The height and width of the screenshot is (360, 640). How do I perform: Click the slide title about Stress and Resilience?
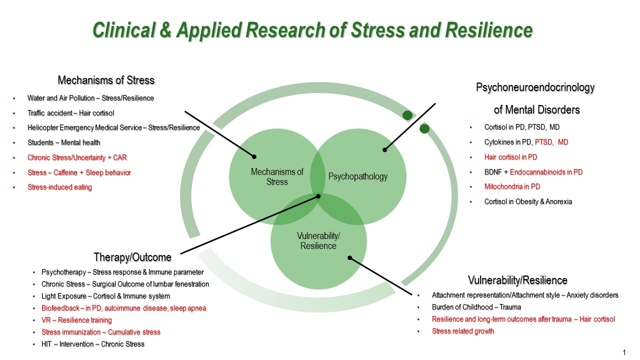[312, 30]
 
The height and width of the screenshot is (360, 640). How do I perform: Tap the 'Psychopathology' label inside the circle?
[357, 176]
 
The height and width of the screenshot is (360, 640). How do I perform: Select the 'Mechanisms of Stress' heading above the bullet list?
[106, 80]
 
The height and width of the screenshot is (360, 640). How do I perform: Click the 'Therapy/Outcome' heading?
[132, 257]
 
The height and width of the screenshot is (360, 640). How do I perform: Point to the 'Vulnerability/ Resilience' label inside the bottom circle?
[318, 241]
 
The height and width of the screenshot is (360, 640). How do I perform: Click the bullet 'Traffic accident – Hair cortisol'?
[70, 113]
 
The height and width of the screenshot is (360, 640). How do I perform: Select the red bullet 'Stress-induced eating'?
[59, 187]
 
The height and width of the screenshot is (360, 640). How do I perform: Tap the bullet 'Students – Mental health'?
[63, 142]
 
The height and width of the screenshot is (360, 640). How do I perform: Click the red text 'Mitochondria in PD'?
[512, 186]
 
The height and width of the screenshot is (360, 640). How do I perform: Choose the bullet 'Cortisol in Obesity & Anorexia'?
[528, 201]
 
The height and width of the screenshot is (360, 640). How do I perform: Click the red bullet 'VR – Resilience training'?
[76, 320]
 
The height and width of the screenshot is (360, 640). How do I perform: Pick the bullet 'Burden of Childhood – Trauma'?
[476, 307]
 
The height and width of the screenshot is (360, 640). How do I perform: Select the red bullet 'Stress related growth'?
[463, 331]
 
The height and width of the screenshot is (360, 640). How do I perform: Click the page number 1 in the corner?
[624, 352]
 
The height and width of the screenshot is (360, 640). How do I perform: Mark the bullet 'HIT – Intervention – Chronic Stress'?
[93, 344]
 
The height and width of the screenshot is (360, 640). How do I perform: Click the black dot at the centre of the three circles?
[318, 196]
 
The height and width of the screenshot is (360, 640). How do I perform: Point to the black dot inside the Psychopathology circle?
[384, 149]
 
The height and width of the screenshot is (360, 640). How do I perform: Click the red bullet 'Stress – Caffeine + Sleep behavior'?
[79, 172]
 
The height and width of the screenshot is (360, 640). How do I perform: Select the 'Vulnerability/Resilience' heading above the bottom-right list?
[517, 280]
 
